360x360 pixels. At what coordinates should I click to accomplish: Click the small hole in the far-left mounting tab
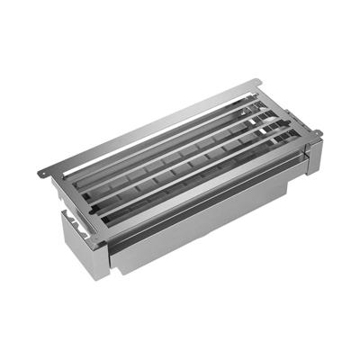(41, 174)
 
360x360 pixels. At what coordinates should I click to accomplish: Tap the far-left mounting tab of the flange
(45, 173)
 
